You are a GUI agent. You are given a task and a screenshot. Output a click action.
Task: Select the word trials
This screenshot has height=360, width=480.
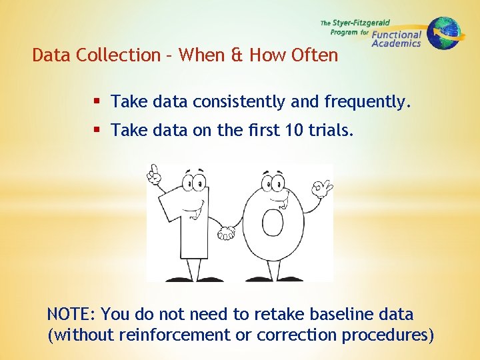click(x=331, y=131)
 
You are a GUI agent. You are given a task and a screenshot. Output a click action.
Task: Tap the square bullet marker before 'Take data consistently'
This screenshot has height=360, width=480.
click(x=97, y=102)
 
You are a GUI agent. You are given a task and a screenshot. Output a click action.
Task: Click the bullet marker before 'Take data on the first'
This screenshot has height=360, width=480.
click(x=97, y=131)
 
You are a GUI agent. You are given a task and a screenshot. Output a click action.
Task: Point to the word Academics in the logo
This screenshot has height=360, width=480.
click(x=396, y=43)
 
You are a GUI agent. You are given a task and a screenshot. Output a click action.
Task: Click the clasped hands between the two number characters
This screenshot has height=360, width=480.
click(x=227, y=233)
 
